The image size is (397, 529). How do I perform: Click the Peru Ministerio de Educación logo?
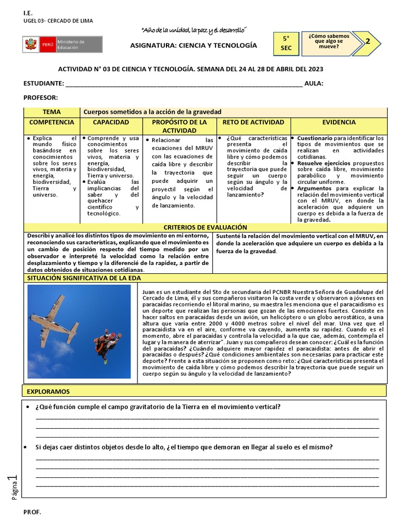[62, 44]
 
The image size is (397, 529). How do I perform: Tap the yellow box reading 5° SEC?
[286, 43]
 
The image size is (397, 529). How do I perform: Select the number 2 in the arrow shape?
[368, 41]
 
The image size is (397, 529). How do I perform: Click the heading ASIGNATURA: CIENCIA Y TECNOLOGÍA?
[193, 45]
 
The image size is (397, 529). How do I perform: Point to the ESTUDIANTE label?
[43, 84]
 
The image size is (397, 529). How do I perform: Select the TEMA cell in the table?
[52, 112]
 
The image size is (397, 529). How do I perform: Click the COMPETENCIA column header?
[52, 122]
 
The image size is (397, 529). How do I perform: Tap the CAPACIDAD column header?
[111, 122]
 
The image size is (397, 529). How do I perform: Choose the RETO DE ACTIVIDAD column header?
[253, 122]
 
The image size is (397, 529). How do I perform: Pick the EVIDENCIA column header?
[339, 122]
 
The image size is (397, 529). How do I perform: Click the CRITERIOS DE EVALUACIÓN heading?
[205, 227]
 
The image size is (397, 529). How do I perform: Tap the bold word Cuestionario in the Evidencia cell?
[315, 138]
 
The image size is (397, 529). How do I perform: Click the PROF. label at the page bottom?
[32, 512]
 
